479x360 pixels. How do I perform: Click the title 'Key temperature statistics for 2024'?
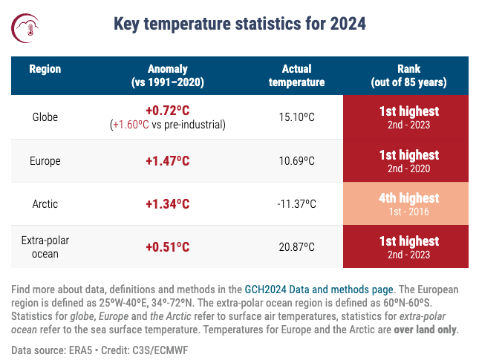coord(239,24)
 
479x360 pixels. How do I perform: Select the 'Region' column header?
coord(45,69)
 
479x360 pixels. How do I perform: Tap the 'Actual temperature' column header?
coord(296,76)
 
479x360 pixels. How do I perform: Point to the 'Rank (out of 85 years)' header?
coord(405,76)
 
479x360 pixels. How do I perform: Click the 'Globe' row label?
coord(45,117)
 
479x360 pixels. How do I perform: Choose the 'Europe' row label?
coord(45,160)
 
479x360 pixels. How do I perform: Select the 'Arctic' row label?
coord(45,203)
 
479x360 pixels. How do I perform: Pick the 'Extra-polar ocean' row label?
coord(45,246)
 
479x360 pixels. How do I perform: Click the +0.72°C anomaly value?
coord(167,111)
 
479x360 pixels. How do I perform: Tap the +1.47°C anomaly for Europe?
coord(167,160)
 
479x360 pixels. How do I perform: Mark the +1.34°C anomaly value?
coord(167,203)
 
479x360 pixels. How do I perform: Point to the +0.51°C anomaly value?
coord(167,246)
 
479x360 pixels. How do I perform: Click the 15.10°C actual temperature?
coord(296,117)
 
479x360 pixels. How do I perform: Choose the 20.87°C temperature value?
coord(296,246)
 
